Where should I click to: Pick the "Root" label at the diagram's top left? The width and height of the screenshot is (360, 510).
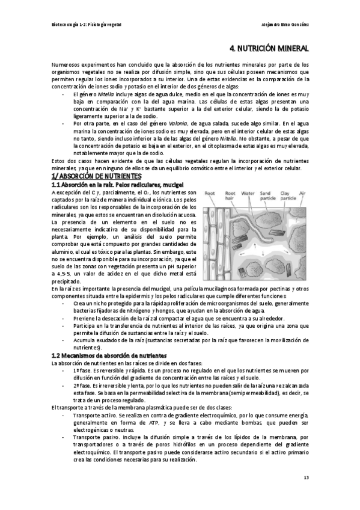[210, 194]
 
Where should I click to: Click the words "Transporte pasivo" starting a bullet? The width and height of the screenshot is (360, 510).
[94, 437]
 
